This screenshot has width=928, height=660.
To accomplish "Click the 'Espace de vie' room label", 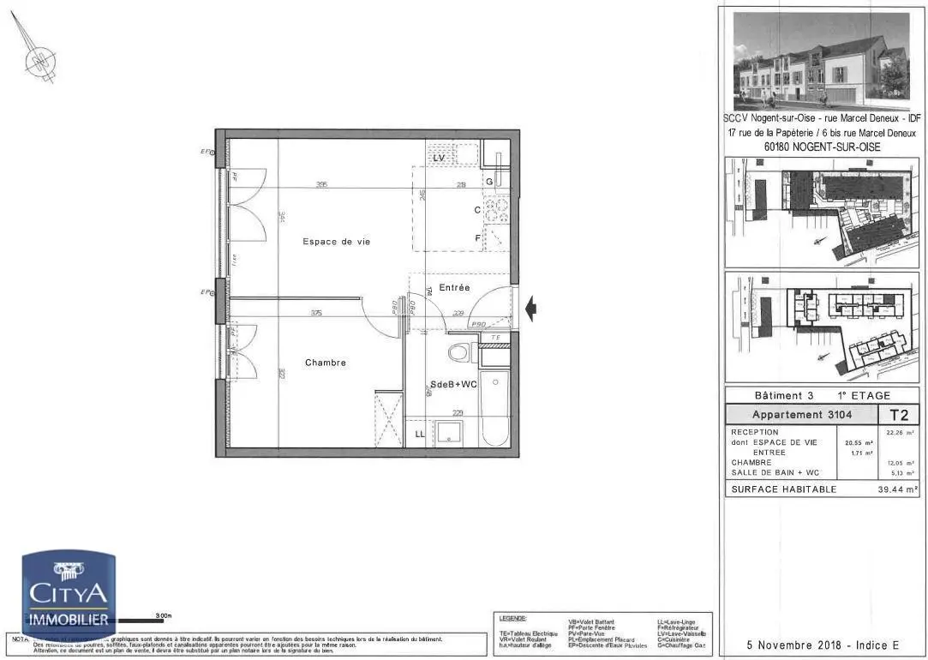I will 336,242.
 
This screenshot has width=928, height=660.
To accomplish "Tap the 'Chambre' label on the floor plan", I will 326,363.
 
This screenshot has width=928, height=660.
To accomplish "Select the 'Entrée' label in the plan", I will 454,288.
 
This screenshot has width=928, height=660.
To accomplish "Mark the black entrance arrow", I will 531,308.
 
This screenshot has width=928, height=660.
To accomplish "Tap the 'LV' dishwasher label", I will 439,159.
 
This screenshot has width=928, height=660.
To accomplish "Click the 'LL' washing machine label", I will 420,435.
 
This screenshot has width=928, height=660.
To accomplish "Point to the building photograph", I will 821,61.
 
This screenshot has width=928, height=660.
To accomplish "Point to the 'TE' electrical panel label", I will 495,338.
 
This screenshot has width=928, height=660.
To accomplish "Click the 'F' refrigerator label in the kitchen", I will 478,237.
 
